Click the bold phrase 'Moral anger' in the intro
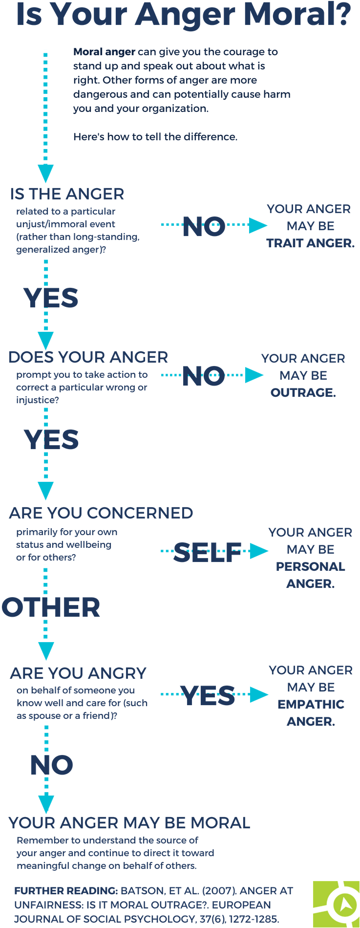(104, 52)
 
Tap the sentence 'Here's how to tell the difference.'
(155, 137)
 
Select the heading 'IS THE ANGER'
(67, 194)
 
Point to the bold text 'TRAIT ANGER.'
(311, 243)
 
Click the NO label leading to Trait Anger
(204, 227)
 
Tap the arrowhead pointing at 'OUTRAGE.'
(254, 375)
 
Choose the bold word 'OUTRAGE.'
(303, 392)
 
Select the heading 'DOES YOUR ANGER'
(88, 357)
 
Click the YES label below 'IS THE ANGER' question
(51, 298)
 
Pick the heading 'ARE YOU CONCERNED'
(101, 513)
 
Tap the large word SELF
(208, 553)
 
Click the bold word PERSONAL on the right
(311, 566)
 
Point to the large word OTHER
(51, 607)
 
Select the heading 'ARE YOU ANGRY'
(78, 673)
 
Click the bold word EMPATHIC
(311, 704)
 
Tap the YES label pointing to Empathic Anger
(208, 695)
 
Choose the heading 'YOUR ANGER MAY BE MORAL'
(129, 823)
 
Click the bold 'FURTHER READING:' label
(66, 891)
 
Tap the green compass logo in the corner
(337, 904)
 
